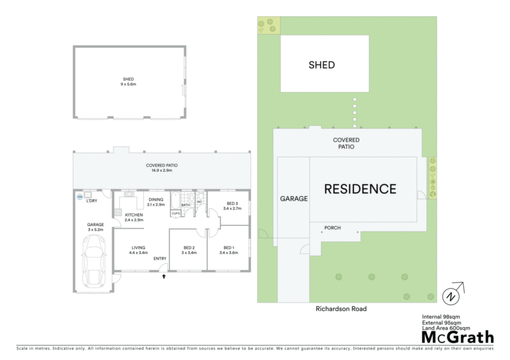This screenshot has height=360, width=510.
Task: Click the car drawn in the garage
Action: (94, 261)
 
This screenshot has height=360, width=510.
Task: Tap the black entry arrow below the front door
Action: (164, 276)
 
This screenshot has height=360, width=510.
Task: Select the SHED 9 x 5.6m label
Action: (128, 82)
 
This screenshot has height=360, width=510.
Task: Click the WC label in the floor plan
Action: (199, 202)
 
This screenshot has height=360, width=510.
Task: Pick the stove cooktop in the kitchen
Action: (118, 213)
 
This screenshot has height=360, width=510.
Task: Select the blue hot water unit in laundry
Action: (80, 197)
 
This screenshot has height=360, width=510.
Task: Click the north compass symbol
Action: (453, 294)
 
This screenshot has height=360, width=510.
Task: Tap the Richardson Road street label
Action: (341, 309)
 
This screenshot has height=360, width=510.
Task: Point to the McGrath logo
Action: (458, 338)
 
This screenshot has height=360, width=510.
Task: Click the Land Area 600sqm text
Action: (446, 328)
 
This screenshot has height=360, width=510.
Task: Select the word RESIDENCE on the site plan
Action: (361, 189)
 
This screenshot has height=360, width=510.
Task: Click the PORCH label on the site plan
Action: (332, 228)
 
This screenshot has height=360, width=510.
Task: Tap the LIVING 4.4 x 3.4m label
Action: (138, 250)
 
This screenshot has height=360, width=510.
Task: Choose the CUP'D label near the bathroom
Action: (176, 213)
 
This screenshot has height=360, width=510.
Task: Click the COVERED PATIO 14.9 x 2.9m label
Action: (162, 168)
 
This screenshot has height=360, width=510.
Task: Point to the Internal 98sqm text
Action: (441, 317)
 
